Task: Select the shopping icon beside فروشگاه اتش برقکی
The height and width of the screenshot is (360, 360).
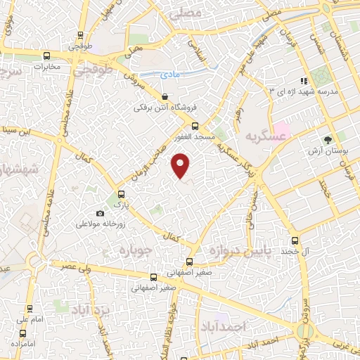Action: (165, 97)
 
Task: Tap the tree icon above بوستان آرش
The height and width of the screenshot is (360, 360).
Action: (328, 139)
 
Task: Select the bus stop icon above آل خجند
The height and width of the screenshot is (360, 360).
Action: (295, 240)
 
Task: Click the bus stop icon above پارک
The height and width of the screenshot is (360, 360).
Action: (122, 194)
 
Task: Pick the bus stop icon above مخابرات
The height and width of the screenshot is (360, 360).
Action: (47, 56)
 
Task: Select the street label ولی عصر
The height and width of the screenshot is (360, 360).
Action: (70, 268)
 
